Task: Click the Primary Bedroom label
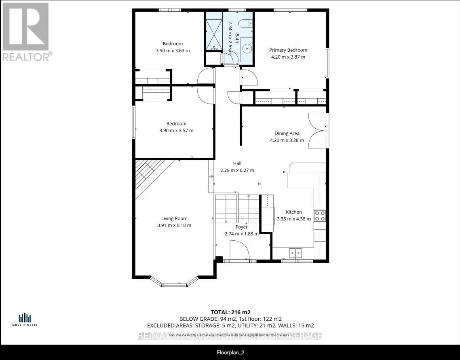click(288, 50)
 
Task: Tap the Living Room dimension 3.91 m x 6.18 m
click(174, 225)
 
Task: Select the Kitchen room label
click(294, 212)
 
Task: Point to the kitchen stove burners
click(320, 216)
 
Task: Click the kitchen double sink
click(295, 253)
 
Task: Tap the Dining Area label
click(287, 133)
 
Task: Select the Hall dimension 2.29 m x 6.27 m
click(237, 170)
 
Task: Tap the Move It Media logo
click(25, 320)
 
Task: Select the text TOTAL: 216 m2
click(230, 312)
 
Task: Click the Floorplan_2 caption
click(230, 352)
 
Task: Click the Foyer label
click(241, 227)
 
